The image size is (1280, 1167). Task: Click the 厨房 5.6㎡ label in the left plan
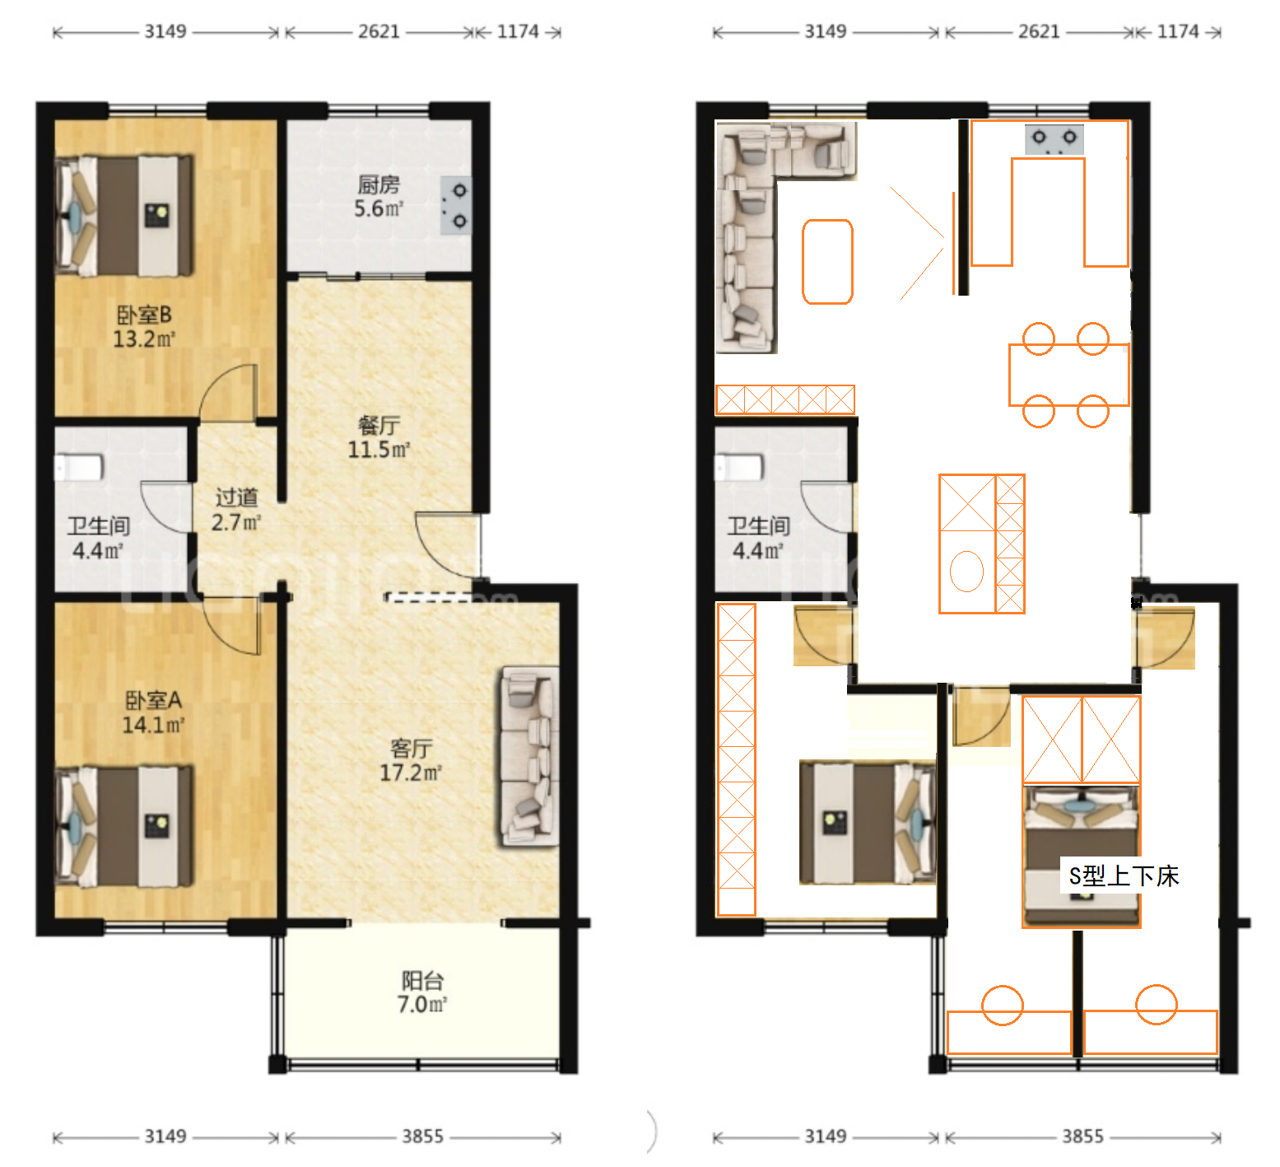pyautogui.click(x=379, y=197)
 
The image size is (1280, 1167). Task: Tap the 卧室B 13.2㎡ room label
pyautogui.click(x=144, y=327)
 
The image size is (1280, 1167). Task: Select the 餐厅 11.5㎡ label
pyautogui.click(x=379, y=437)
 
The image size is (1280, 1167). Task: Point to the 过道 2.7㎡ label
pyautogui.click(x=236, y=510)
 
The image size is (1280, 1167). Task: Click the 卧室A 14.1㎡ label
pyautogui.click(x=153, y=712)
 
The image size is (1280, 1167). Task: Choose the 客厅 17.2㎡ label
pyautogui.click(x=411, y=760)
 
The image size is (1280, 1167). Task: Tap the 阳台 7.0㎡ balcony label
pyautogui.click(x=422, y=992)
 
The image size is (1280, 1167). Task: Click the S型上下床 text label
pyautogui.click(x=1124, y=876)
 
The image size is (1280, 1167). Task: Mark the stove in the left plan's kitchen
pyautogui.click(x=456, y=206)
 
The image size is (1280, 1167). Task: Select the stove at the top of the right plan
pyautogui.click(x=1054, y=138)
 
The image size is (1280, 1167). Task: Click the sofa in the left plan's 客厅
pyautogui.click(x=528, y=757)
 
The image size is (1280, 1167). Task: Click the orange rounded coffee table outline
pyautogui.click(x=827, y=262)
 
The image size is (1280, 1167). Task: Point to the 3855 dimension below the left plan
pyautogui.click(x=423, y=1137)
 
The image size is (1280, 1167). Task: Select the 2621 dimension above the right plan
pyautogui.click(x=1039, y=31)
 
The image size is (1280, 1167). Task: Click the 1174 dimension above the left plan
pyautogui.click(x=518, y=31)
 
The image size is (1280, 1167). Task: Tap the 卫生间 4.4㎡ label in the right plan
pyautogui.click(x=758, y=539)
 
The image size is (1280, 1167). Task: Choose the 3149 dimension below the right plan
pyautogui.click(x=826, y=1137)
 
